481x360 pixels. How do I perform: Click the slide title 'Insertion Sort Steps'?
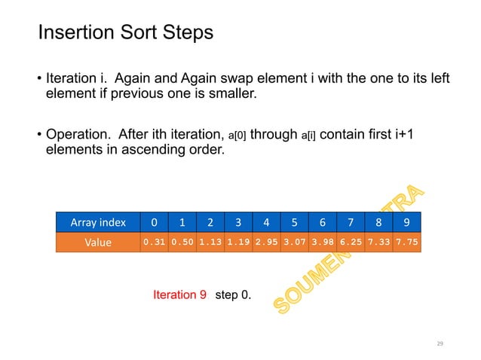(125, 34)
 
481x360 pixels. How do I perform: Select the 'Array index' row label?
(98, 223)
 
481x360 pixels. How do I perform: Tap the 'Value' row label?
(98, 243)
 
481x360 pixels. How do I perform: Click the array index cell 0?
(154, 223)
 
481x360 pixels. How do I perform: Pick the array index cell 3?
(238, 223)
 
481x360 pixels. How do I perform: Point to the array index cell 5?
(294, 223)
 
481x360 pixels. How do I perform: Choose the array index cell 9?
(406, 223)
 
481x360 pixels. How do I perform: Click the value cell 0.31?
(154, 243)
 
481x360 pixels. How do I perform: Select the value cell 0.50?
(182, 243)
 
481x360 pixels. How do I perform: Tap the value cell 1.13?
(210, 243)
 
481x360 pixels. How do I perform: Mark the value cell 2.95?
(266, 243)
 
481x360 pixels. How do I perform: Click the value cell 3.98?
(322, 243)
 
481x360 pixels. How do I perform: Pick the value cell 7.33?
(378, 243)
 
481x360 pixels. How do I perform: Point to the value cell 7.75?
(406, 243)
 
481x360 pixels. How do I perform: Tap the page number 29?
(441, 343)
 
